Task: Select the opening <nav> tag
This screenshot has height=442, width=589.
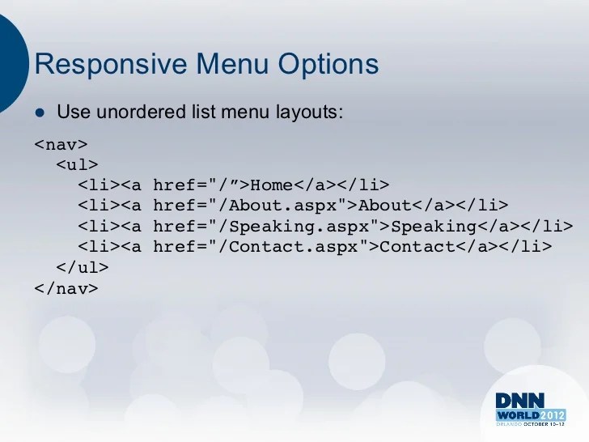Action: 61,146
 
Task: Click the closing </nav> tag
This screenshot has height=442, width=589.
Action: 66,287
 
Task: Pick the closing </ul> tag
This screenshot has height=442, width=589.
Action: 82,266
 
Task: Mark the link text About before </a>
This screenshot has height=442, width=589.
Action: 384,206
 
